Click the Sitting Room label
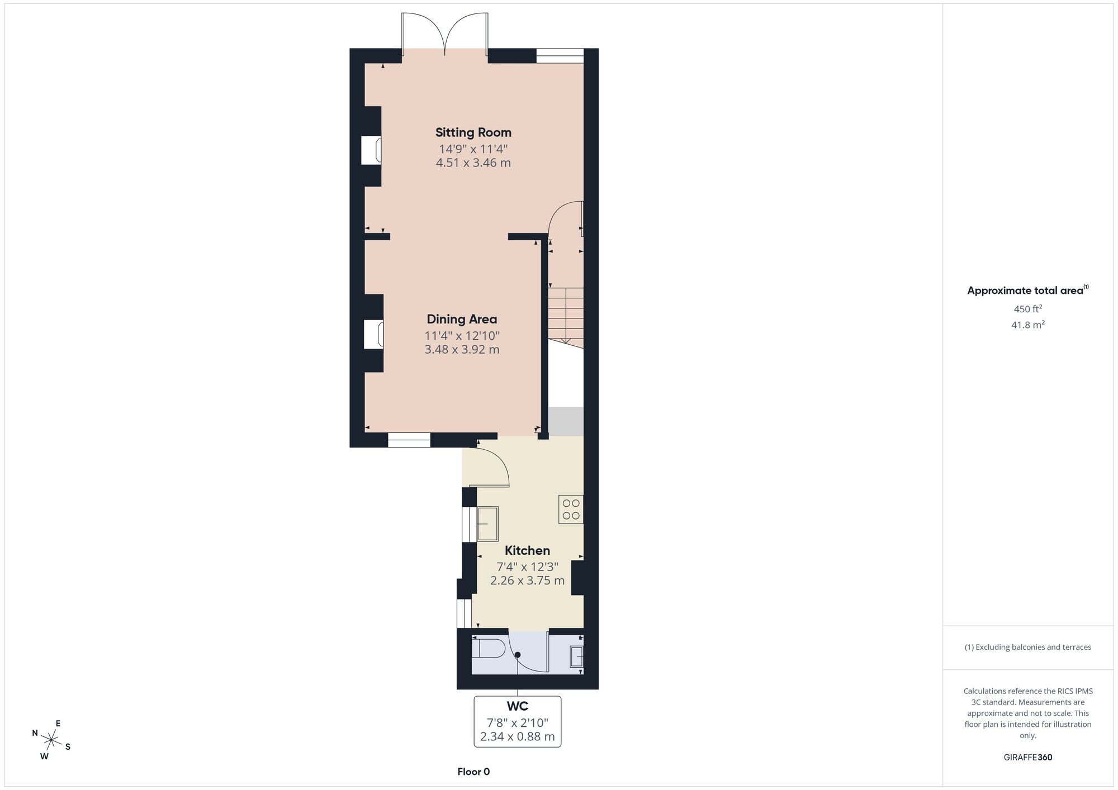pos(473,132)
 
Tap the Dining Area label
pos(462,319)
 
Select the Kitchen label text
pos(527,550)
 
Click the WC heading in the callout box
pos(518,707)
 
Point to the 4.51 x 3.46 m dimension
pos(473,163)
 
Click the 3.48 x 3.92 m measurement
pos(462,350)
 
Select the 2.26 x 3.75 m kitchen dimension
pos(527,580)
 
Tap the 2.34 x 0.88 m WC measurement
pos(518,736)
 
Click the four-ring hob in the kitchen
pos(571,510)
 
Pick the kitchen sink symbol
pos(487,524)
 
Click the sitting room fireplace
pos(371,150)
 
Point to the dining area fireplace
pos(373,334)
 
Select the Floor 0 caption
pos(473,772)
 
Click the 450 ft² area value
pos(1027,308)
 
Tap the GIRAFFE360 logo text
pos(1027,758)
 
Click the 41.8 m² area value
pos(1027,325)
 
